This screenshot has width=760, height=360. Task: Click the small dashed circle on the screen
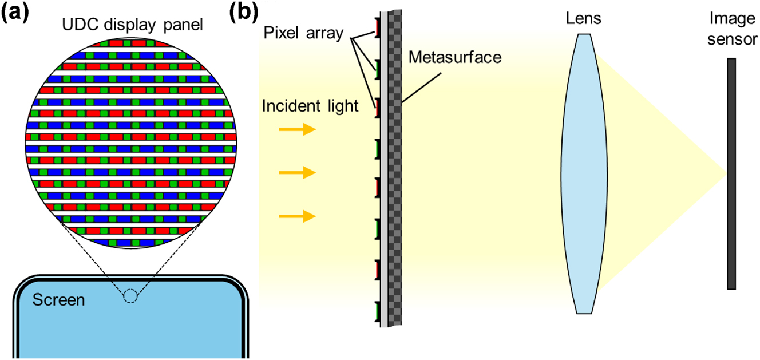pos(131,296)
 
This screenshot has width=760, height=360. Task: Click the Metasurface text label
pos(454,57)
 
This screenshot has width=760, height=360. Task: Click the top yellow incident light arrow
pos(297,130)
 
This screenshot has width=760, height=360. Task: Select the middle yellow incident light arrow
pos(297,173)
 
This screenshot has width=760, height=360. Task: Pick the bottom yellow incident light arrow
pos(297,216)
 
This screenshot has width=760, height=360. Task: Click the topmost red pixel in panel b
pos(378,28)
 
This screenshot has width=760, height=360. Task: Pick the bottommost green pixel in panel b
pos(378,312)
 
